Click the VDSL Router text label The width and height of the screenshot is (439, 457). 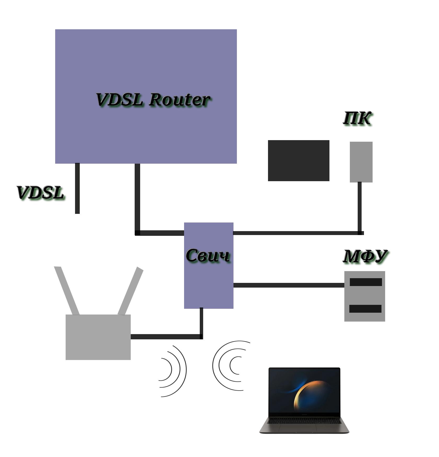pos(153,100)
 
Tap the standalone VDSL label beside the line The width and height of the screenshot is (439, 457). pos(40,193)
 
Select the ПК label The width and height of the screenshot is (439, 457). pos(357,118)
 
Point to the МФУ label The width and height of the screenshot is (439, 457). pos(365,256)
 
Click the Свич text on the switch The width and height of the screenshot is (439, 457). pos(208,255)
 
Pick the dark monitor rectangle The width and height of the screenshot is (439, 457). pos(298,161)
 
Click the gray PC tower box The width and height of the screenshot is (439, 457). pos(361,162)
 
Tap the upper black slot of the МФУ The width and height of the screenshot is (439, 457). pos(366,282)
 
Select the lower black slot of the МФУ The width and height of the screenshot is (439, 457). pos(365,309)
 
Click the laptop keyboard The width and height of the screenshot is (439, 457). pos(304,421)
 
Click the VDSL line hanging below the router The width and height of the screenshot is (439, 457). pos(77,188)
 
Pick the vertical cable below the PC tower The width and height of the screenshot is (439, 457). pos(360,207)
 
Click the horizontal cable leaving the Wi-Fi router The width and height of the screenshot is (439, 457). pos(165,336)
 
